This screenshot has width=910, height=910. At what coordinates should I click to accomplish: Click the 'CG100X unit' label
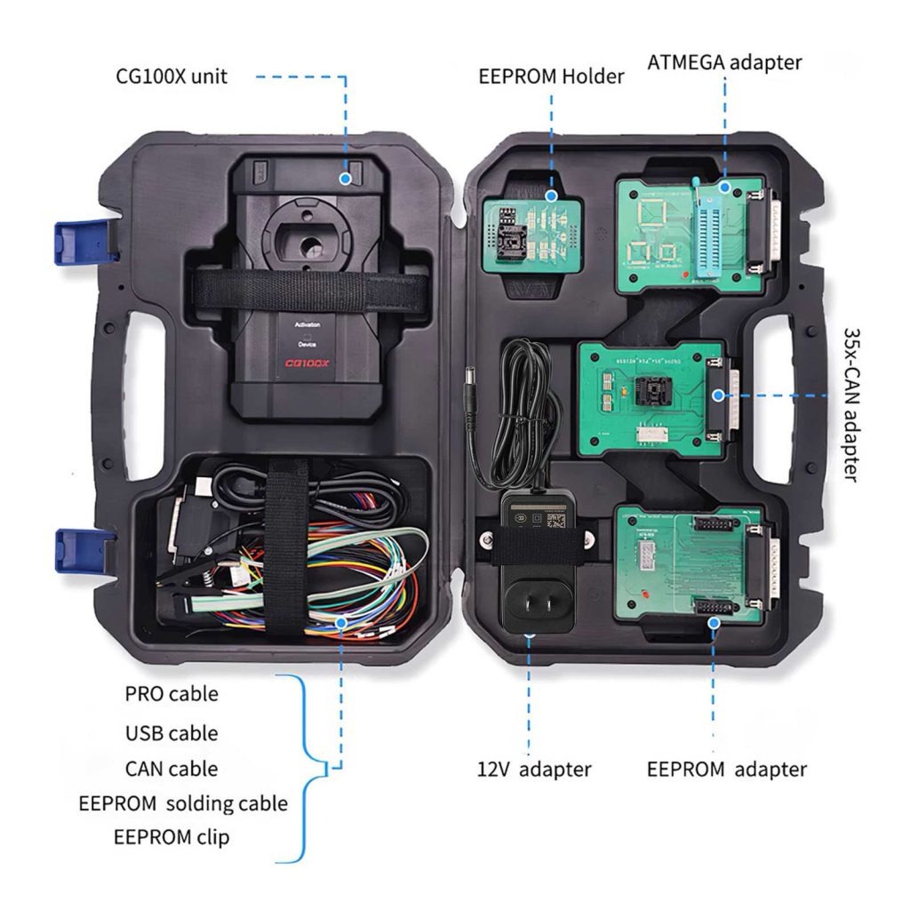tap(172, 76)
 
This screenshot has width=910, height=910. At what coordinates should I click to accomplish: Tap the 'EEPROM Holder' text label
tap(551, 76)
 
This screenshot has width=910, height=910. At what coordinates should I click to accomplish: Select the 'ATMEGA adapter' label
tap(724, 62)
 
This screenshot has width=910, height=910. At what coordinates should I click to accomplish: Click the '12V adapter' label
tap(533, 769)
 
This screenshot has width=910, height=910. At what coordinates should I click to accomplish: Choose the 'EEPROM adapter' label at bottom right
tap(726, 769)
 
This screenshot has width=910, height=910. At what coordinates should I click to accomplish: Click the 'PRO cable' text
tap(170, 693)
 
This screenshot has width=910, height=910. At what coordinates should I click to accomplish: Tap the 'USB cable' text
tap(172, 733)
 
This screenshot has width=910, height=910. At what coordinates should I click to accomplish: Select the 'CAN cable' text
tap(171, 768)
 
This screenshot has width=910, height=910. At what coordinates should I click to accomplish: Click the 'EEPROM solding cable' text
tap(183, 803)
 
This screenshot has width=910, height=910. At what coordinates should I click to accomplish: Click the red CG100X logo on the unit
tap(307, 363)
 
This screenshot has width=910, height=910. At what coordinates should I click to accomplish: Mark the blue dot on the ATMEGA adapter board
tap(724, 188)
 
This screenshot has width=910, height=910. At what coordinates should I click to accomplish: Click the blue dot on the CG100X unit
tap(344, 178)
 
